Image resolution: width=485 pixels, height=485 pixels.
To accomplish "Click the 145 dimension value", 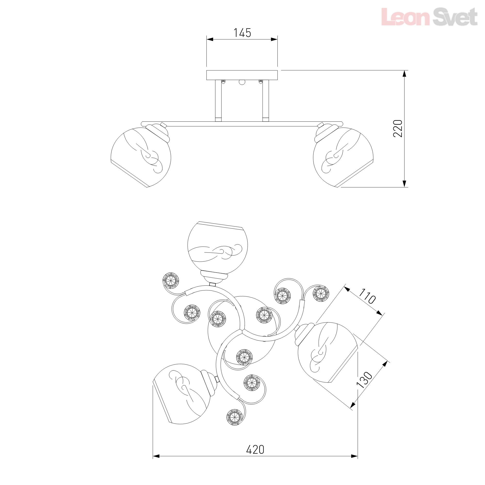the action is tap(242, 33).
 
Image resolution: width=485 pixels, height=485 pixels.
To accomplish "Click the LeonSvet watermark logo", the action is tap(429, 17).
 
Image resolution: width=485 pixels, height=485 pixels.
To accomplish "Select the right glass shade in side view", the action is tap(343, 157).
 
